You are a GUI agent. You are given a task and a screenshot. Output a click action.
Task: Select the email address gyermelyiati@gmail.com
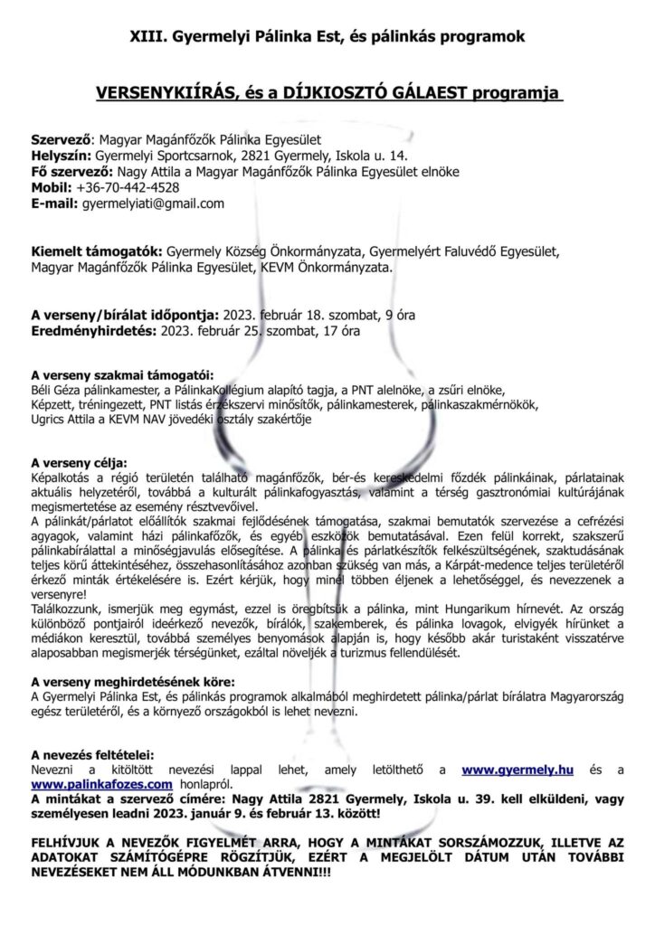pos(153,203)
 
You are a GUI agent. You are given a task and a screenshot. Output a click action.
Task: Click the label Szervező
pos(61,140)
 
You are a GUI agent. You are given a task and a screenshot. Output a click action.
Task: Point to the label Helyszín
pos(62,156)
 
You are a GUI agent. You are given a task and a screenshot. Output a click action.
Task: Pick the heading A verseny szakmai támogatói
pos(122,373)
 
